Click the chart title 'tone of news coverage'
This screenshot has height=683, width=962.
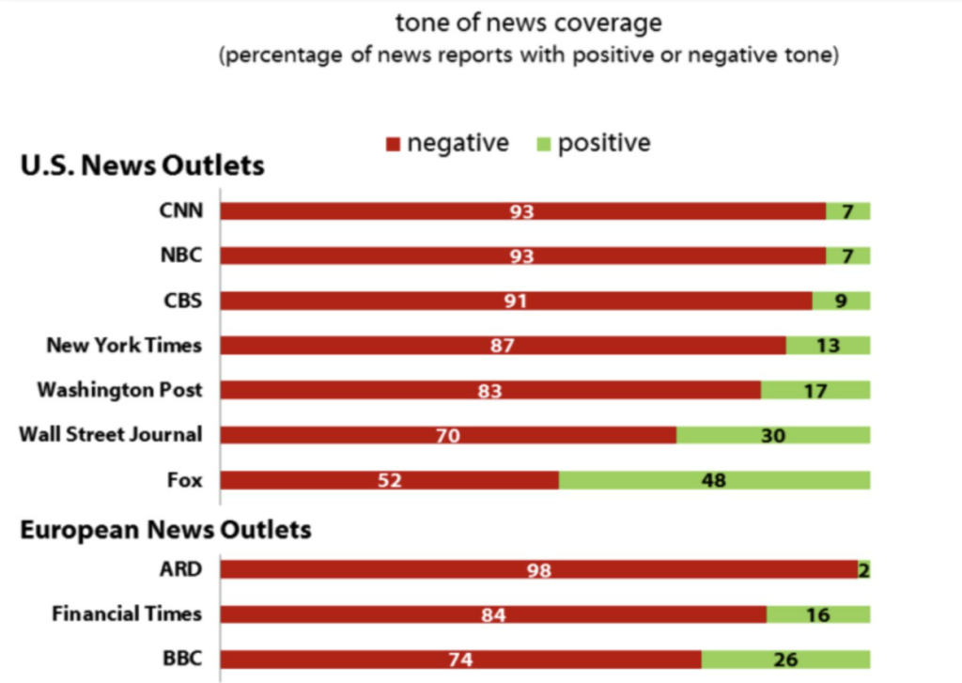(529, 23)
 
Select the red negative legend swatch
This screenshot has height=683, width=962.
(394, 144)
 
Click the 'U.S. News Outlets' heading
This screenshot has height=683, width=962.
(142, 166)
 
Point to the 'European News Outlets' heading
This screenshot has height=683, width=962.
(165, 530)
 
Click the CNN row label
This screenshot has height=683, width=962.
(180, 210)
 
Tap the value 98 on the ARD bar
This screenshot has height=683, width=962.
(538, 570)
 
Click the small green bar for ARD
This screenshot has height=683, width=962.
(863, 569)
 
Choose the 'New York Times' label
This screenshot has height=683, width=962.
(124, 345)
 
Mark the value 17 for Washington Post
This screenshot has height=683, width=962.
(815, 391)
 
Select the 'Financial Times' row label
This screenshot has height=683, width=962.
(127, 614)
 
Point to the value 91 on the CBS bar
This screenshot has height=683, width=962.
(515, 302)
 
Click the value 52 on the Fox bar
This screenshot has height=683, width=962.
(390, 481)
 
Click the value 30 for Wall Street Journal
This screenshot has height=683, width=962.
(772, 436)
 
